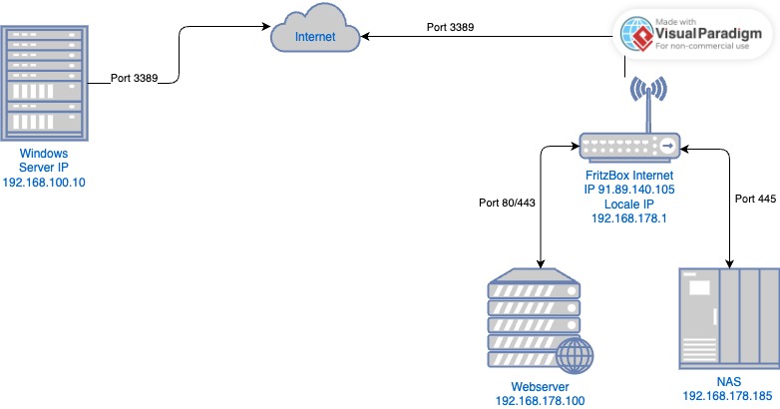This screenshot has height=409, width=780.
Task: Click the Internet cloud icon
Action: click(x=315, y=36)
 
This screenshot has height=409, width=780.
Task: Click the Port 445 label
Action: click(x=755, y=200)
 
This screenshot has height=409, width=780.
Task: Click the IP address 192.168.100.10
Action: click(x=44, y=184)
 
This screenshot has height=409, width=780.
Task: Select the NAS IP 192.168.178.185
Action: click(x=728, y=397)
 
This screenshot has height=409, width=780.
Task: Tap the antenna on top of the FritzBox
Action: click(x=646, y=100)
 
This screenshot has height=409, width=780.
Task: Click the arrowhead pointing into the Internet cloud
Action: click(x=367, y=38)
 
